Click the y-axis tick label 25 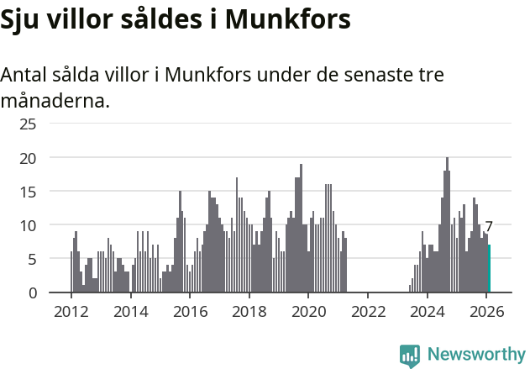tap(29, 124)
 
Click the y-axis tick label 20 tap(29, 158)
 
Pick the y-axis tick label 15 tap(29, 192)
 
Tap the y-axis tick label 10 tap(29, 225)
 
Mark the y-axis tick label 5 tap(33, 259)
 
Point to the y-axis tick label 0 tap(33, 293)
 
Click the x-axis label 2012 tap(71, 310)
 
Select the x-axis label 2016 tap(190, 310)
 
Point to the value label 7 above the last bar tap(489, 227)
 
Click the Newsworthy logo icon tap(410, 355)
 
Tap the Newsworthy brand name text tap(476, 355)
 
